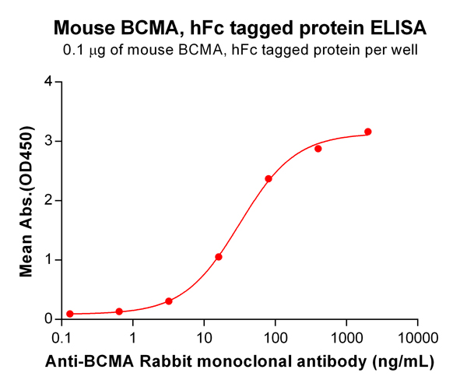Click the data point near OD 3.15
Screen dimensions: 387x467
coord(368,132)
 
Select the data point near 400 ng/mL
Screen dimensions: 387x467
coord(318,149)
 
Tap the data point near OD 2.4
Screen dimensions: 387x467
coord(269,179)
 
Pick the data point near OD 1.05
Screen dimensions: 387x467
coord(219,257)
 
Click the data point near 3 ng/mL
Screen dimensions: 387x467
coord(169,301)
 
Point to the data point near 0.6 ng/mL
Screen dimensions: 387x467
coord(119,311)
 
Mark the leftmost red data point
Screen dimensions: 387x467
coord(70,314)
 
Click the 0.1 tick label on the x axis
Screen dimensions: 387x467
coord(62,339)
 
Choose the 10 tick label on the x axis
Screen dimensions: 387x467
coord(204,339)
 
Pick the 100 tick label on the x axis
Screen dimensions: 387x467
coord(276,339)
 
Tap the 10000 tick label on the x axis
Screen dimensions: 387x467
coord(418,339)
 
